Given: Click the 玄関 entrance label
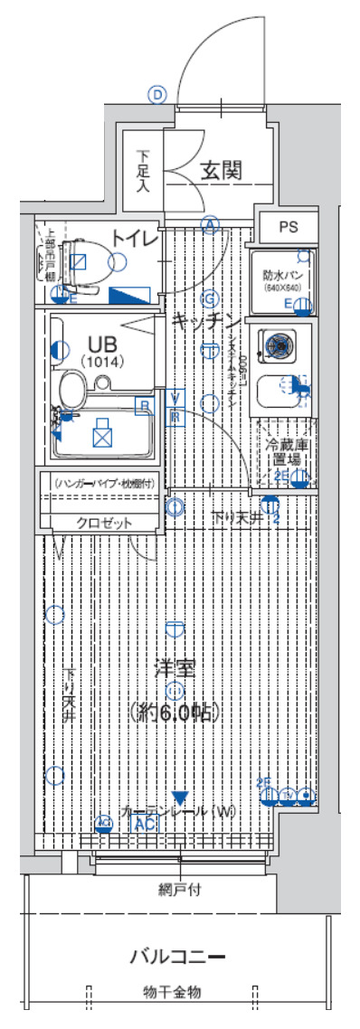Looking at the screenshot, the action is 221,168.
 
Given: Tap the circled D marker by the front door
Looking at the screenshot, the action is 159,93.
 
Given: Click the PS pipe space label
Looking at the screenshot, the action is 288,227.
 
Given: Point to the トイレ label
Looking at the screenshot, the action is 135,238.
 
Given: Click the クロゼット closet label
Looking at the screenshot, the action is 104,523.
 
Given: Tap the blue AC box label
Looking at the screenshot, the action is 143,825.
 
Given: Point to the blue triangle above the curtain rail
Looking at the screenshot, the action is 181,798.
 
